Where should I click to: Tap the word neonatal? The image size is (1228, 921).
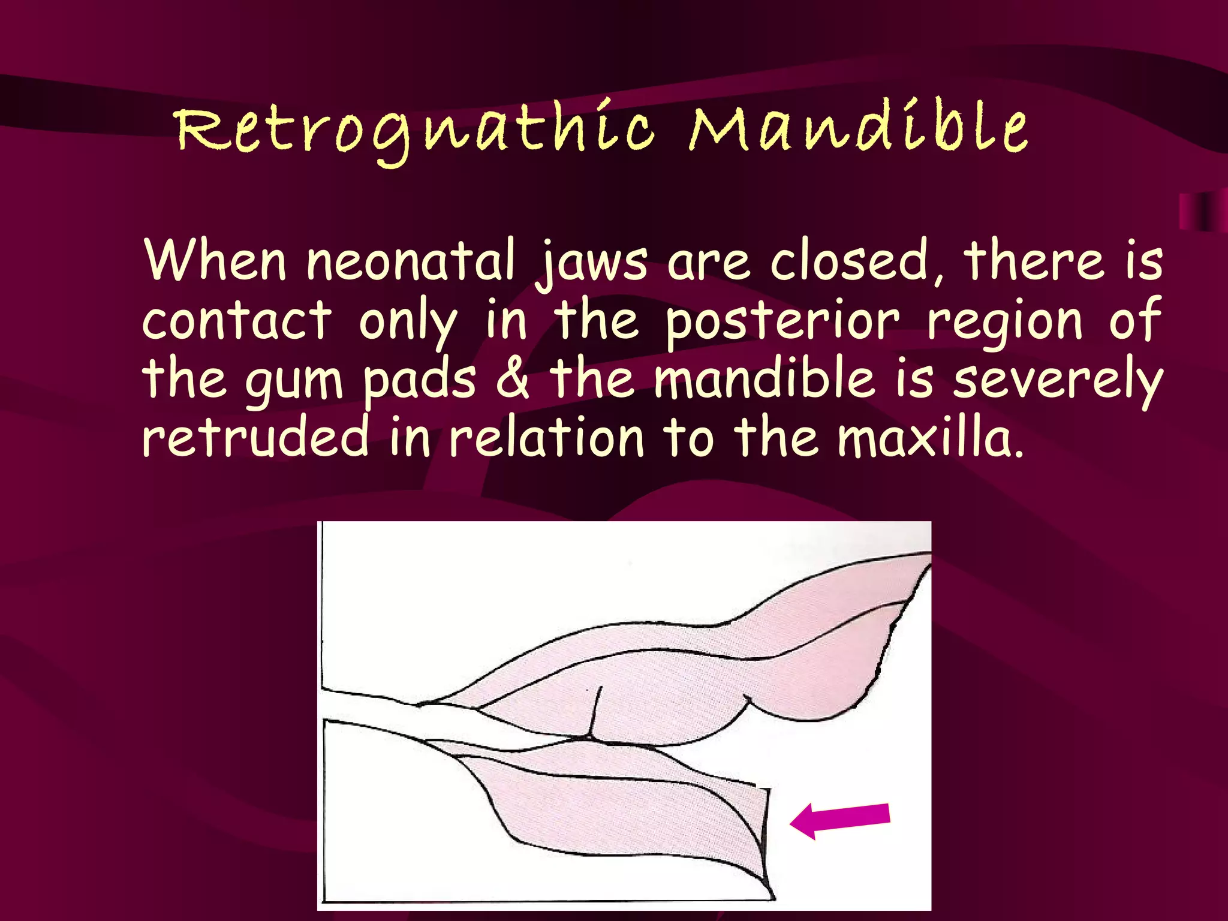(x=411, y=261)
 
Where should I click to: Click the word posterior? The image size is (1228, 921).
(x=782, y=321)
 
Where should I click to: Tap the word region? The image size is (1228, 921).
(x=1005, y=321)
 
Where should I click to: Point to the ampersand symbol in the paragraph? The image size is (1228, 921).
(x=513, y=379)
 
